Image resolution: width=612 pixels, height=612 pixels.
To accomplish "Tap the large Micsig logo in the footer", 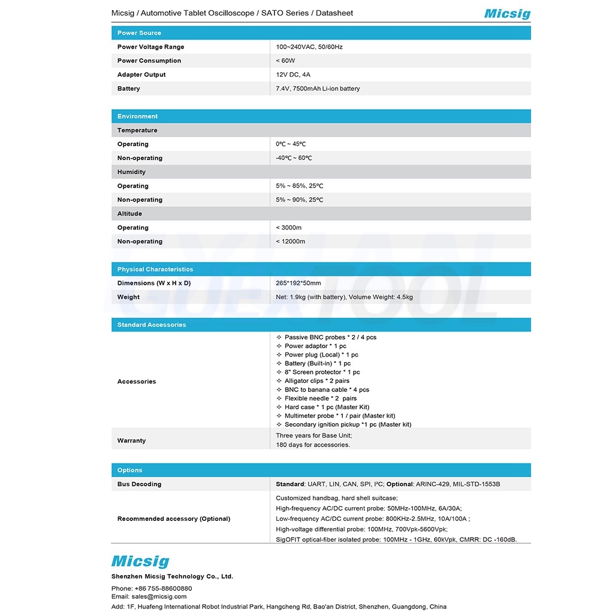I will click(x=140, y=562).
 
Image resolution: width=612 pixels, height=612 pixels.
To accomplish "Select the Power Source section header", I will click(x=139, y=33).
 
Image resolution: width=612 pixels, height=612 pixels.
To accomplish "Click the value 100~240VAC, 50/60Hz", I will click(x=309, y=47).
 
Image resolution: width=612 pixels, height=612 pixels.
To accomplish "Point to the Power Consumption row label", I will click(x=149, y=61).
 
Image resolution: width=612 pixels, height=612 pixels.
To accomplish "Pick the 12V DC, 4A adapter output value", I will click(x=293, y=75).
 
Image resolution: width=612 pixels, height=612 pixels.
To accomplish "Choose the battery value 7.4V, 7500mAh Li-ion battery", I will click(x=318, y=89).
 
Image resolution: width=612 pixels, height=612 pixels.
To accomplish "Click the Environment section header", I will click(x=138, y=116).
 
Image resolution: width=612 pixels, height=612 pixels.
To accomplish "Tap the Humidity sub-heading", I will click(x=131, y=172).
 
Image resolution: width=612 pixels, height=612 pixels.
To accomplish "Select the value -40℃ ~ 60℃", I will click(x=294, y=158).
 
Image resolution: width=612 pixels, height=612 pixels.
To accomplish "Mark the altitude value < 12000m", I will click(x=291, y=242).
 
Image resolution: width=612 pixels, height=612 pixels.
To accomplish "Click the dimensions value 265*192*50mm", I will click(x=299, y=283).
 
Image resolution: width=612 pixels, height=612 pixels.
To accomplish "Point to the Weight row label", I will click(x=128, y=297).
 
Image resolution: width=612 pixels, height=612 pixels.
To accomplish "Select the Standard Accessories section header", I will click(x=152, y=325).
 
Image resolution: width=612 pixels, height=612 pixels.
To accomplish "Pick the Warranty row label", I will click(x=132, y=441).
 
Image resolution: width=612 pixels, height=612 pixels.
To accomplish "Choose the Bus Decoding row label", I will click(x=140, y=484).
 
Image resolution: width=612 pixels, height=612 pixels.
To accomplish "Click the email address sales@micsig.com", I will click(x=159, y=597).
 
